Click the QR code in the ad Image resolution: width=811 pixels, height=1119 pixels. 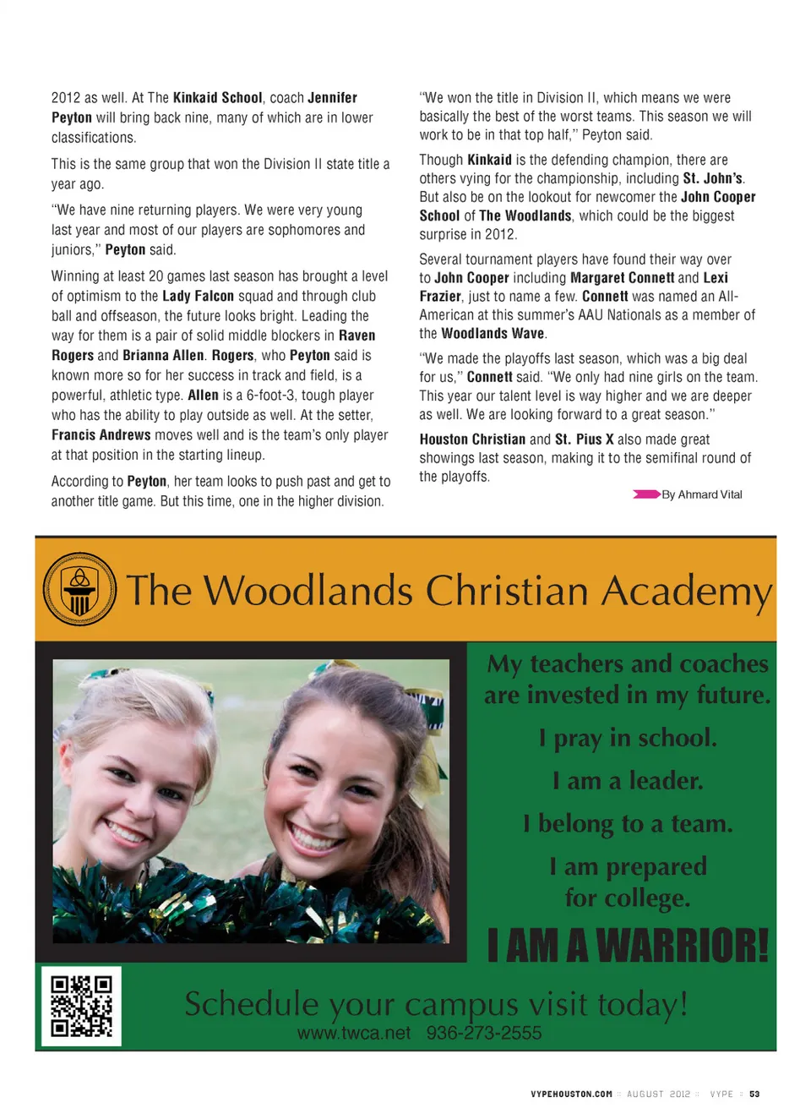pos(81,1006)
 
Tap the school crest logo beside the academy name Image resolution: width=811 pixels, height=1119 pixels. pos(80,589)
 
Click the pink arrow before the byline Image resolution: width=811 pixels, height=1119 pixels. pos(646,494)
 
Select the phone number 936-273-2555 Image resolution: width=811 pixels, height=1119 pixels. pos(484,1033)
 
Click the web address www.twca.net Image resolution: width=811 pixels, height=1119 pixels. pos(354,1033)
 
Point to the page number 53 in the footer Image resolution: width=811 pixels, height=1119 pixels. pos(754,1094)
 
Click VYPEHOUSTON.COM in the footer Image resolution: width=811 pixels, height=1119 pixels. pos(571,1094)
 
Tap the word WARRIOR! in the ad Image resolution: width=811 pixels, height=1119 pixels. pos(683,945)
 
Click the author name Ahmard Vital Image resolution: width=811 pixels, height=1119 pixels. pos(710,494)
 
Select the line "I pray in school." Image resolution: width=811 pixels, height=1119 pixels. pos(628,738)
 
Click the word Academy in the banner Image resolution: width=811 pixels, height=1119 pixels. pos(686,591)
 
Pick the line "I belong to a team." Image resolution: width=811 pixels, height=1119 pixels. pos(628,823)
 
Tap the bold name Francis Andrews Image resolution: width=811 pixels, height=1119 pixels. pos(101,434)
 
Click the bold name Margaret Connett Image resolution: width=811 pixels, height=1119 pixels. pos(622,277)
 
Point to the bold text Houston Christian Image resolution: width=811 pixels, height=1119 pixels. pos(472,439)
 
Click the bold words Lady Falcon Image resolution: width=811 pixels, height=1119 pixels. pos(198,296)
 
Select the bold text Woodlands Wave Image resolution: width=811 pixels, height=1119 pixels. pos(493,333)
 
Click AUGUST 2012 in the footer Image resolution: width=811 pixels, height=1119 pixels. pos(658,1094)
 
